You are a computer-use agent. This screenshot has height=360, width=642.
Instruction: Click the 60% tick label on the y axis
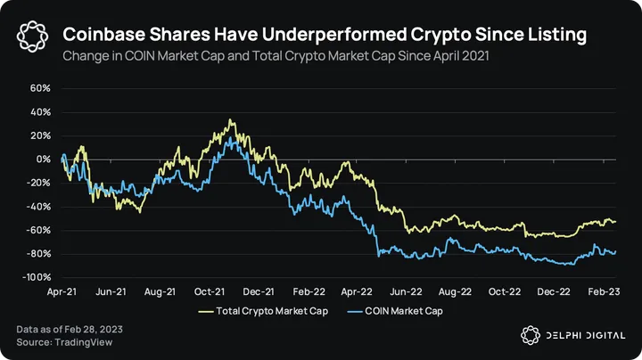coord(39,89)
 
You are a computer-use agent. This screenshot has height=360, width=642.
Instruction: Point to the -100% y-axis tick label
coord(36,277)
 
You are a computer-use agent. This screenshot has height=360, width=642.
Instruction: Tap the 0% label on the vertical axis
coord(42,160)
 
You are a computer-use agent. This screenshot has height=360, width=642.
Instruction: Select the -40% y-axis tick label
coord(37,207)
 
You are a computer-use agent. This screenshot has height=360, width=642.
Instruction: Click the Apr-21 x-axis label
coord(61,291)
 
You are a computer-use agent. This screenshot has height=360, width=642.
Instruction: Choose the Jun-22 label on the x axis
coord(407,291)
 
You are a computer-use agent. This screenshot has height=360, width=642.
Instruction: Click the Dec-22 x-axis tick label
coord(553,291)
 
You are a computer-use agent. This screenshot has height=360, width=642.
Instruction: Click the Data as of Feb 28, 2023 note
coord(69,329)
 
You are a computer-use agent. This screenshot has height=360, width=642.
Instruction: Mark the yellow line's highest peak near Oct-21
coord(230,119)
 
